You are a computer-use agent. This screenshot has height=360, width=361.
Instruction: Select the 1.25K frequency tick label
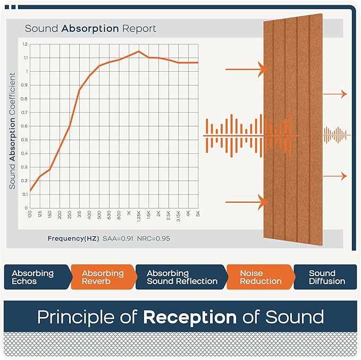pyautogui.click(x=138, y=217)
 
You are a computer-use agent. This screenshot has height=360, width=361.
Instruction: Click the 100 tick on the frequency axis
pyautogui.click(x=30, y=214)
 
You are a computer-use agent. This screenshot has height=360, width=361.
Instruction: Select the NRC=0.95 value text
pyautogui.click(x=153, y=238)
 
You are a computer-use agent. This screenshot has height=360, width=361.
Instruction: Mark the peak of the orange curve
pyautogui.click(x=139, y=52)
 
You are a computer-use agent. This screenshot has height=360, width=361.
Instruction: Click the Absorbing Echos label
pyautogui.click(x=33, y=277)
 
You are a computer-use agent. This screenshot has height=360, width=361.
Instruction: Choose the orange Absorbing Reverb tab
pyautogui.click(x=103, y=277)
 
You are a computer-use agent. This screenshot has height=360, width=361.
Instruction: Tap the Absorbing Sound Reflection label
pyautogui.click(x=182, y=277)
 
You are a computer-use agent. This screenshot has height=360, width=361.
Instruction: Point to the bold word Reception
pyautogui.click(x=190, y=317)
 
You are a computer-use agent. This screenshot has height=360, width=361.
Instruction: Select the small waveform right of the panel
pyautogui.click(x=337, y=136)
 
